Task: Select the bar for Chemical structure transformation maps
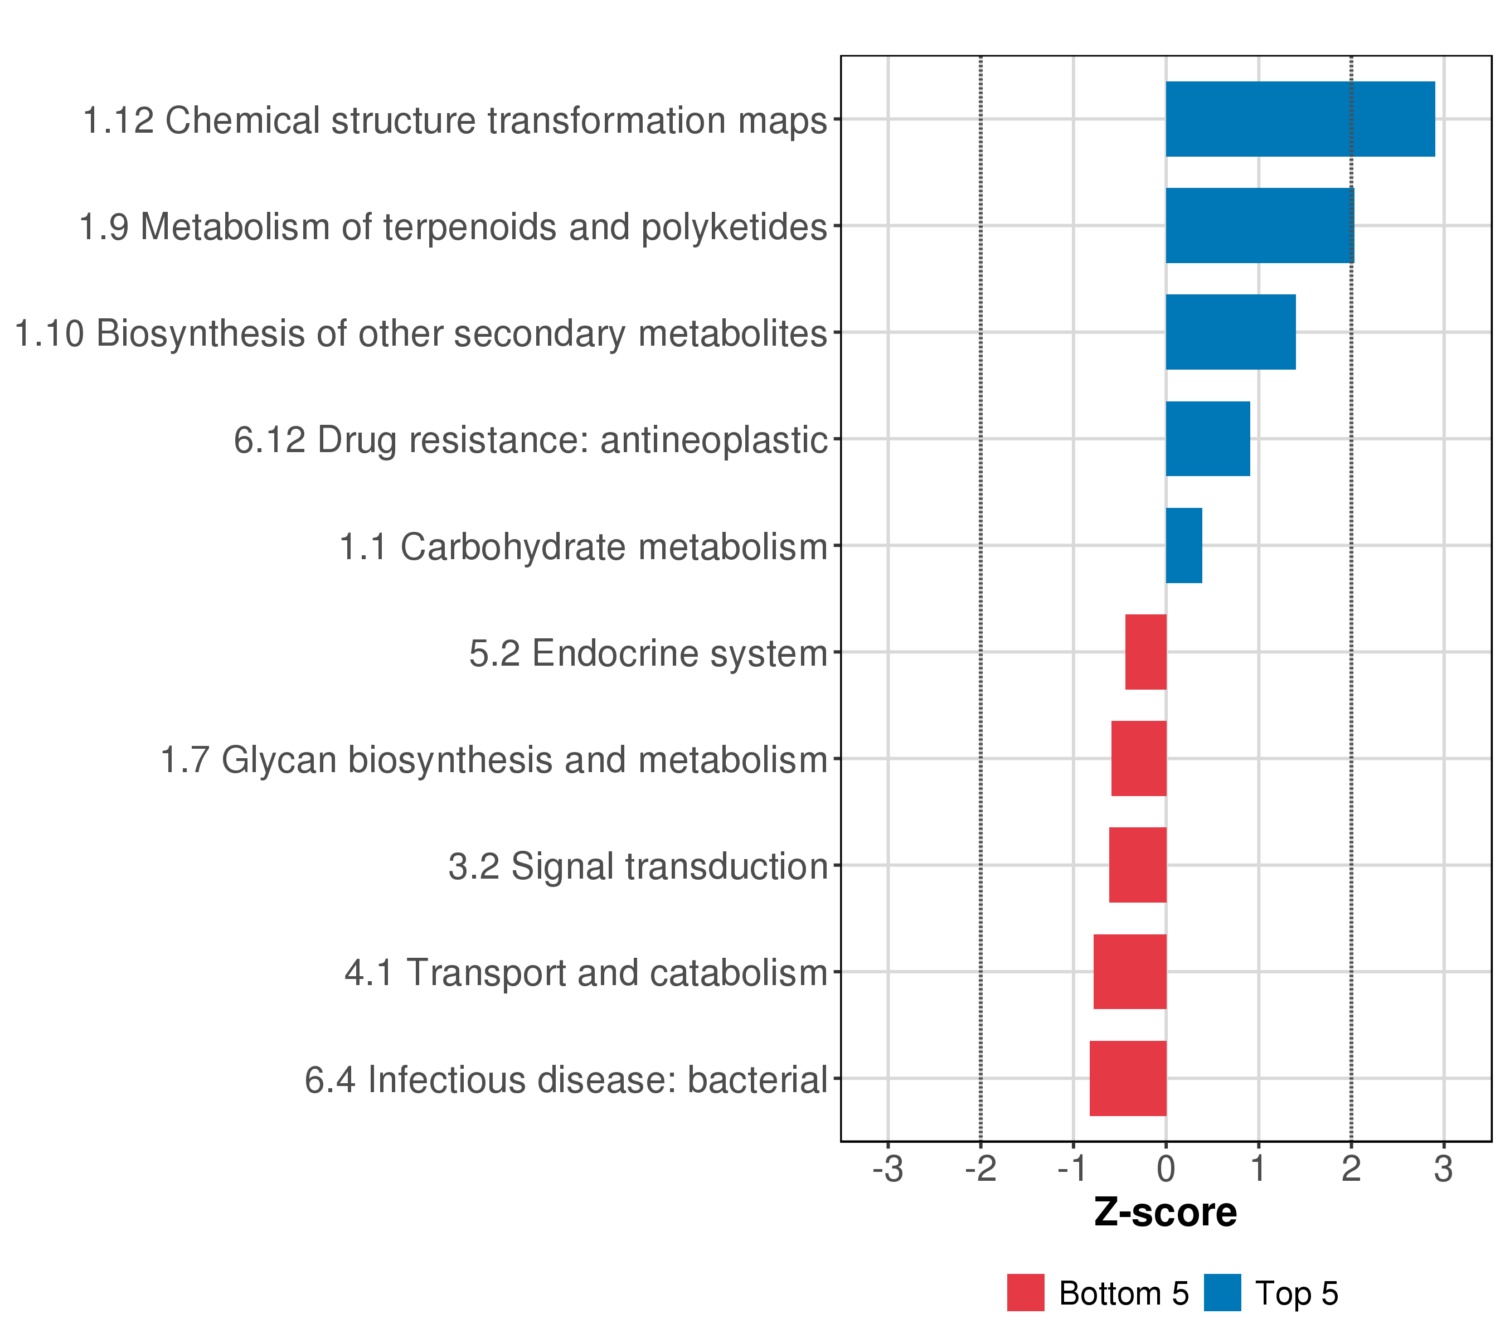click(x=1299, y=119)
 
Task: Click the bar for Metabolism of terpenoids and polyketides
click(x=1259, y=225)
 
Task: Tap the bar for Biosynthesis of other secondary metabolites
click(x=1230, y=332)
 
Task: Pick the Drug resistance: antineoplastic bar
click(x=1207, y=439)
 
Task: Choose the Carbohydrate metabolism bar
click(x=1183, y=546)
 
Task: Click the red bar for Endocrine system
click(x=1145, y=652)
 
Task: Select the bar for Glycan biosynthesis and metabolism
click(x=1138, y=758)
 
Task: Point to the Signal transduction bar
click(x=1138, y=865)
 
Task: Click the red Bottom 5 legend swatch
click(x=1026, y=1293)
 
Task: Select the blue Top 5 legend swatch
click(x=1222, y=1293)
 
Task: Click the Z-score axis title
click(x=1165, y=1212)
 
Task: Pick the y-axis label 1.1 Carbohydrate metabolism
click(x=583, y=547)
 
